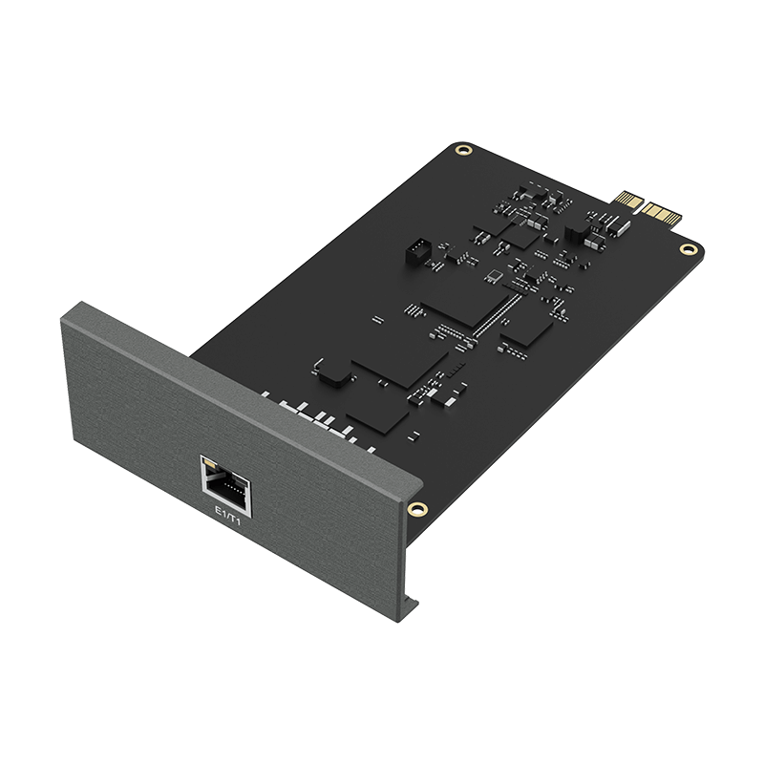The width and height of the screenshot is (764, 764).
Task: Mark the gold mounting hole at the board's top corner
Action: [x=461, y=150]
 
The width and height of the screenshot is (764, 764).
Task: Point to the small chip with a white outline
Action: [x=494, y=278]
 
